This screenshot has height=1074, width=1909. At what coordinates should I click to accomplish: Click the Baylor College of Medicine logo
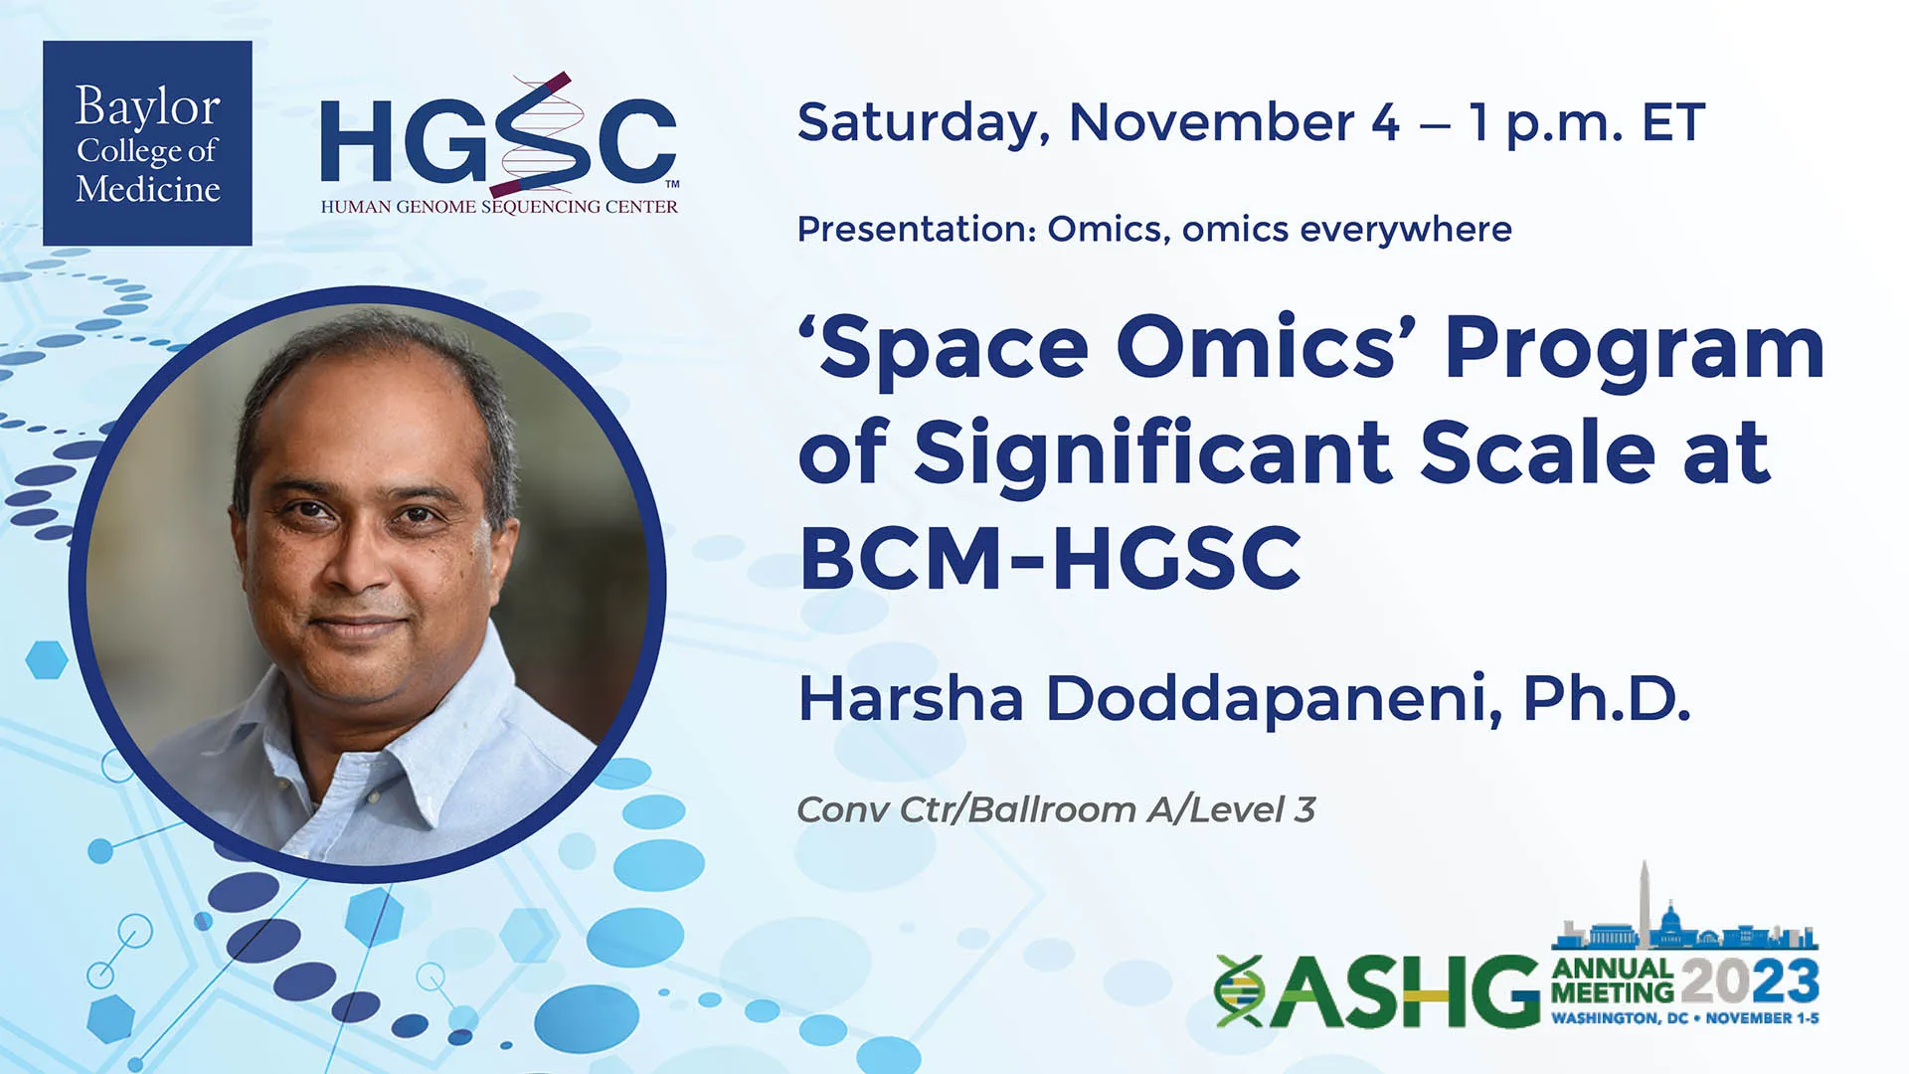tap(147, 143)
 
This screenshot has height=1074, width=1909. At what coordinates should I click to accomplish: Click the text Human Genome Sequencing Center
tap(499, 207)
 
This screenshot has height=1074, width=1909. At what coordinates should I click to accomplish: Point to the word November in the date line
tap(1211, 122)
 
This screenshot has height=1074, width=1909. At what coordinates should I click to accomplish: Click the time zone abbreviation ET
tap(1673, 122)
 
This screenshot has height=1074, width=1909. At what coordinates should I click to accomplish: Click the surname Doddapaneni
tap(1275, 698)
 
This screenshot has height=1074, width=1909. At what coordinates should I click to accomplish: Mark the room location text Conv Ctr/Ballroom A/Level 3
tap(1056, 809)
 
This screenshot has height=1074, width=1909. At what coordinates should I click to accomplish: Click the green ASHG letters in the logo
tap(1404, 991)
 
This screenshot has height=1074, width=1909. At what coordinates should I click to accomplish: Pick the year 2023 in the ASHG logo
tap(1750, 982)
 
